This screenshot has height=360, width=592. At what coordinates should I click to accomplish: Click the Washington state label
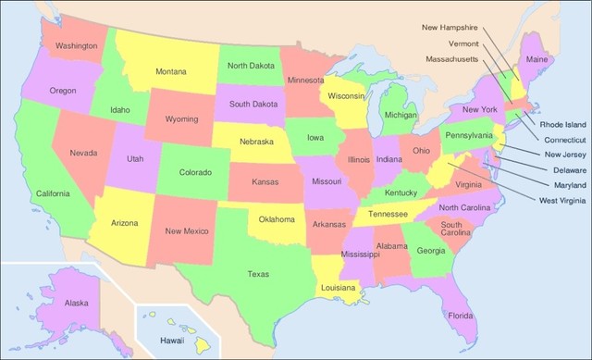tap(77, 45)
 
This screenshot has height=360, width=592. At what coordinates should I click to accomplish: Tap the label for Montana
tap(171, 71)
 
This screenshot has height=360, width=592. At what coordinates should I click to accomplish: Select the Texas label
tap(258, 273)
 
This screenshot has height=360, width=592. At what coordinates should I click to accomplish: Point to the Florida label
tap(461, 316)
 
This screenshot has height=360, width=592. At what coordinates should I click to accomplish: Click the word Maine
tap(536, 60)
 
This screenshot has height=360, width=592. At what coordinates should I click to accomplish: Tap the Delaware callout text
tap(564, 170)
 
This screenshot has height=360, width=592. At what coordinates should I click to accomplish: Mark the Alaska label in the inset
tap(77, 303)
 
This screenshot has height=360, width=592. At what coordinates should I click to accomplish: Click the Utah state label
tap(135, 159)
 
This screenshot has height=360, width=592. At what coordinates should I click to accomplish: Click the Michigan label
tap(401, 116)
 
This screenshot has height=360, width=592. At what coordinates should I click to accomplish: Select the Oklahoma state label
tap(277, 219)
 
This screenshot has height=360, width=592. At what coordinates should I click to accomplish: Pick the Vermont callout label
tap(462, 43)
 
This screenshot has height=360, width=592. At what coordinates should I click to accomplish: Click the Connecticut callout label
tap(564, 140)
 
